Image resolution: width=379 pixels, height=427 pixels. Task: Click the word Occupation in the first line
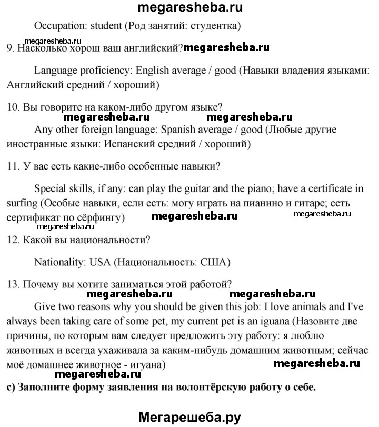click(x=57, y=25)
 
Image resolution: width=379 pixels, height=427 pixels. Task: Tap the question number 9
click(x=10, y=48)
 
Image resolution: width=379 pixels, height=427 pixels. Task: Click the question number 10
click(x=13, y=107)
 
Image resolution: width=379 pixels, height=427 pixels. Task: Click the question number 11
click(x=13, y=167)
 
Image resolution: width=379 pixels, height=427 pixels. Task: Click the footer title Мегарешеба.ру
click(x=189, y=418)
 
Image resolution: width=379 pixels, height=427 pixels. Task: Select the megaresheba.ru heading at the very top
click(x=189, y=7)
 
